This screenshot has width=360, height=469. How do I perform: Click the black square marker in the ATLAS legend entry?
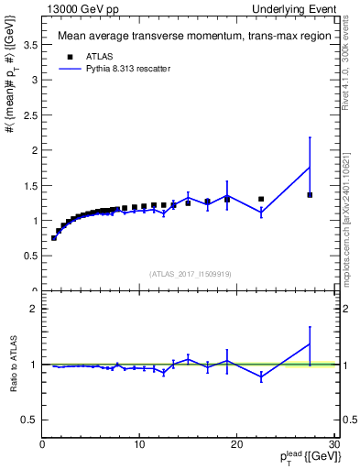pyautogui.click(x=67, y=56)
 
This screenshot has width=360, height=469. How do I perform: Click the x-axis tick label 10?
pyautogui.click(x=139, y=445)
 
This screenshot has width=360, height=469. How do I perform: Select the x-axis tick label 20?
pyautogui.click(x=236, y=445)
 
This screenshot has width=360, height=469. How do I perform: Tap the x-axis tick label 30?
pyautogui.click(x=333, y=445)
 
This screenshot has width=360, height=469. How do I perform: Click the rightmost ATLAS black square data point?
pyautogui.click(x=310, y=194)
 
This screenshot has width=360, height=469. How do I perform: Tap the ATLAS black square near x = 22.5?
pyautogui.click(x=261, y=199)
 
